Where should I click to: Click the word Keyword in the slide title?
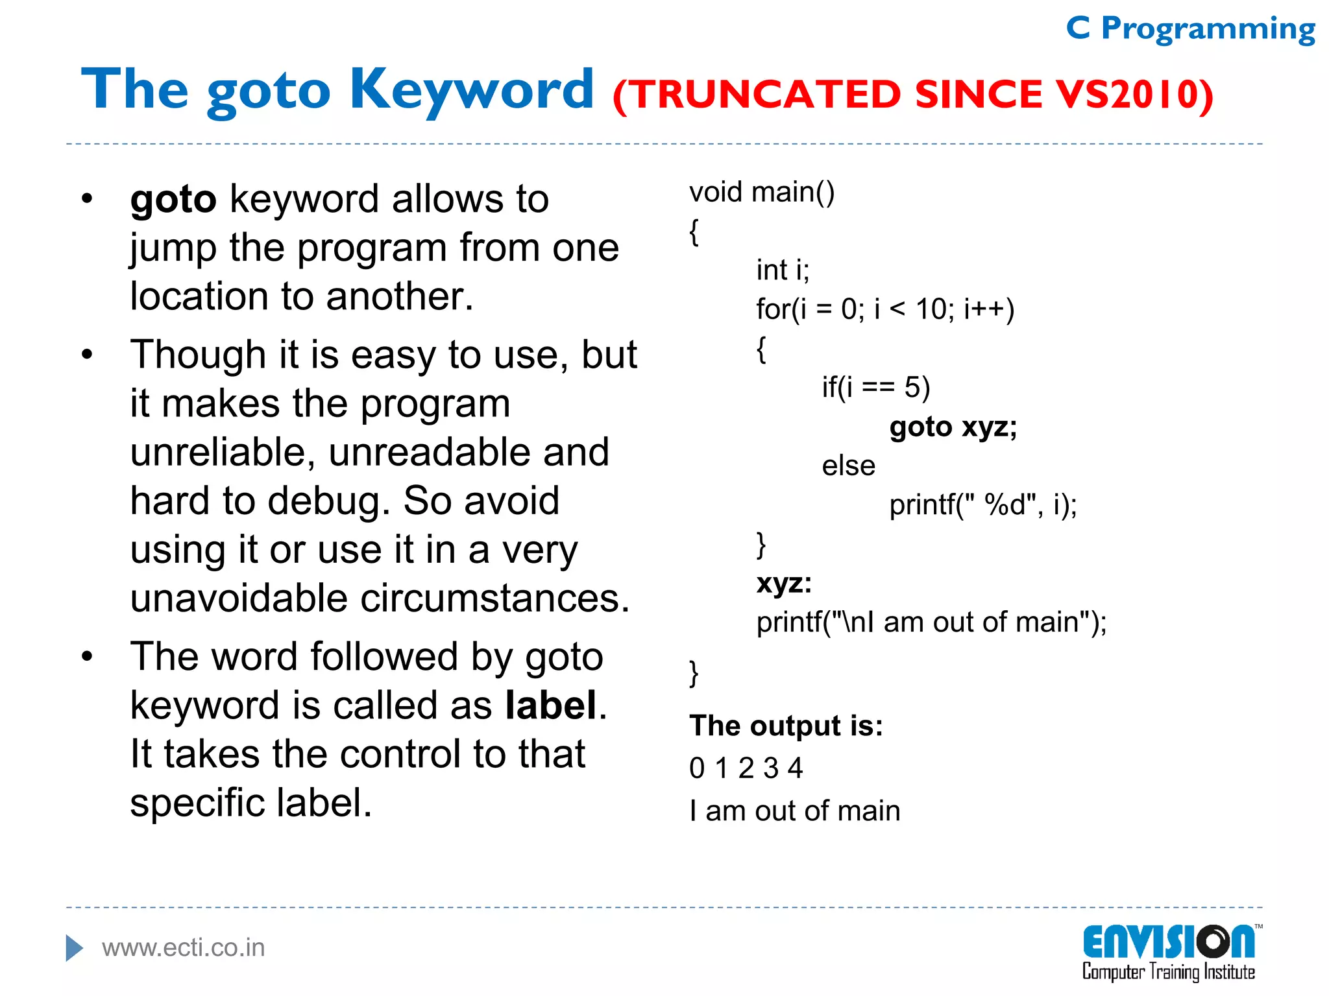pos(472,91)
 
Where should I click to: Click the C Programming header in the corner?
pos(1190,29)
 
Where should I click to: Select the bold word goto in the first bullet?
pos(173,199)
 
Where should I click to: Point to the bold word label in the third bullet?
pos(551,705)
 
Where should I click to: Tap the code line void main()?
pos(762,193)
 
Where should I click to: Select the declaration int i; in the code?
pos(783,270)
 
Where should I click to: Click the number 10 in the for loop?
pos(931,309)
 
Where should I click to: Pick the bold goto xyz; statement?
pos(953,427)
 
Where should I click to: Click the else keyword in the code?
pos(848,466)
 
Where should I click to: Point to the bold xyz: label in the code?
pos(784,583)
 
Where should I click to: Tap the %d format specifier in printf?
pos(1004,504)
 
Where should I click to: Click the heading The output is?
pos(786,726)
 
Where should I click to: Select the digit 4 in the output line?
pos(796,768)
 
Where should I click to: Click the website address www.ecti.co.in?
pos(184,948)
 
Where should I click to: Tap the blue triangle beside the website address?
pos(74,948)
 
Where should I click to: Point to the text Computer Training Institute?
pos(1168,972)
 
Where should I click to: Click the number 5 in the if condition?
pos(912,388)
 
